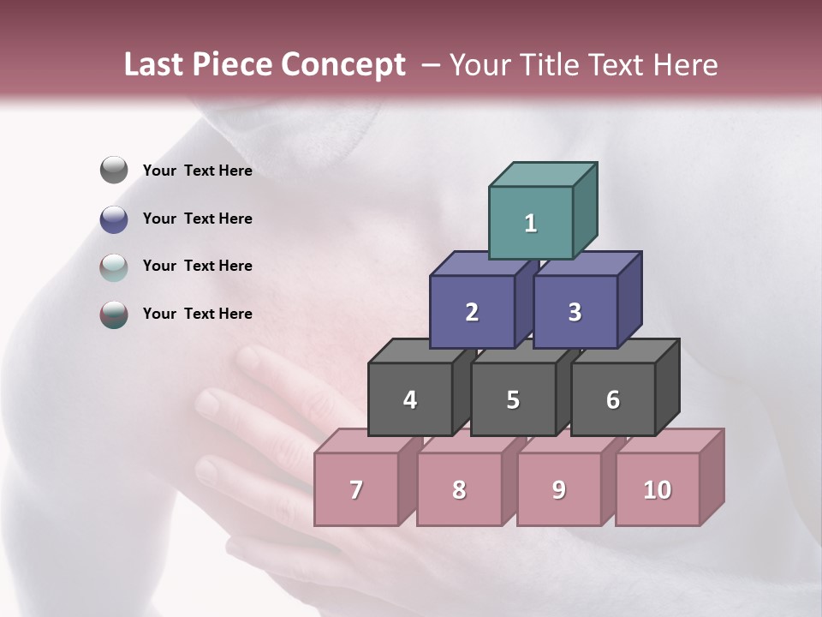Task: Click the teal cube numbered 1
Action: click(530, 223)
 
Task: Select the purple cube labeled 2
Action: click(472, 312)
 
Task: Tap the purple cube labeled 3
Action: click(575, 312)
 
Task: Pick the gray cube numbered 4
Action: click(410, 399)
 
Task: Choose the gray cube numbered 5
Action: click(513, 399)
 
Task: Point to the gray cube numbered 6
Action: click(613, 399)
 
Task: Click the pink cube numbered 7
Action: click(356, 489)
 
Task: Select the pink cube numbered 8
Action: click(459, 489)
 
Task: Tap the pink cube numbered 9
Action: click(558, 489)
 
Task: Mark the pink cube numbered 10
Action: click(657, 489)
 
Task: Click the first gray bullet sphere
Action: click(114, 171)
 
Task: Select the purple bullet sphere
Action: click(114, 219)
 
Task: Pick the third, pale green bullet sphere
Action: click(114, 267)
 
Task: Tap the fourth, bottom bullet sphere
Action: click(114, 314)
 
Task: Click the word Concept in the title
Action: click(342, 65)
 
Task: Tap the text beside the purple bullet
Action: click(198, 219)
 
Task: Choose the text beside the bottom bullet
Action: click(198, 314)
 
